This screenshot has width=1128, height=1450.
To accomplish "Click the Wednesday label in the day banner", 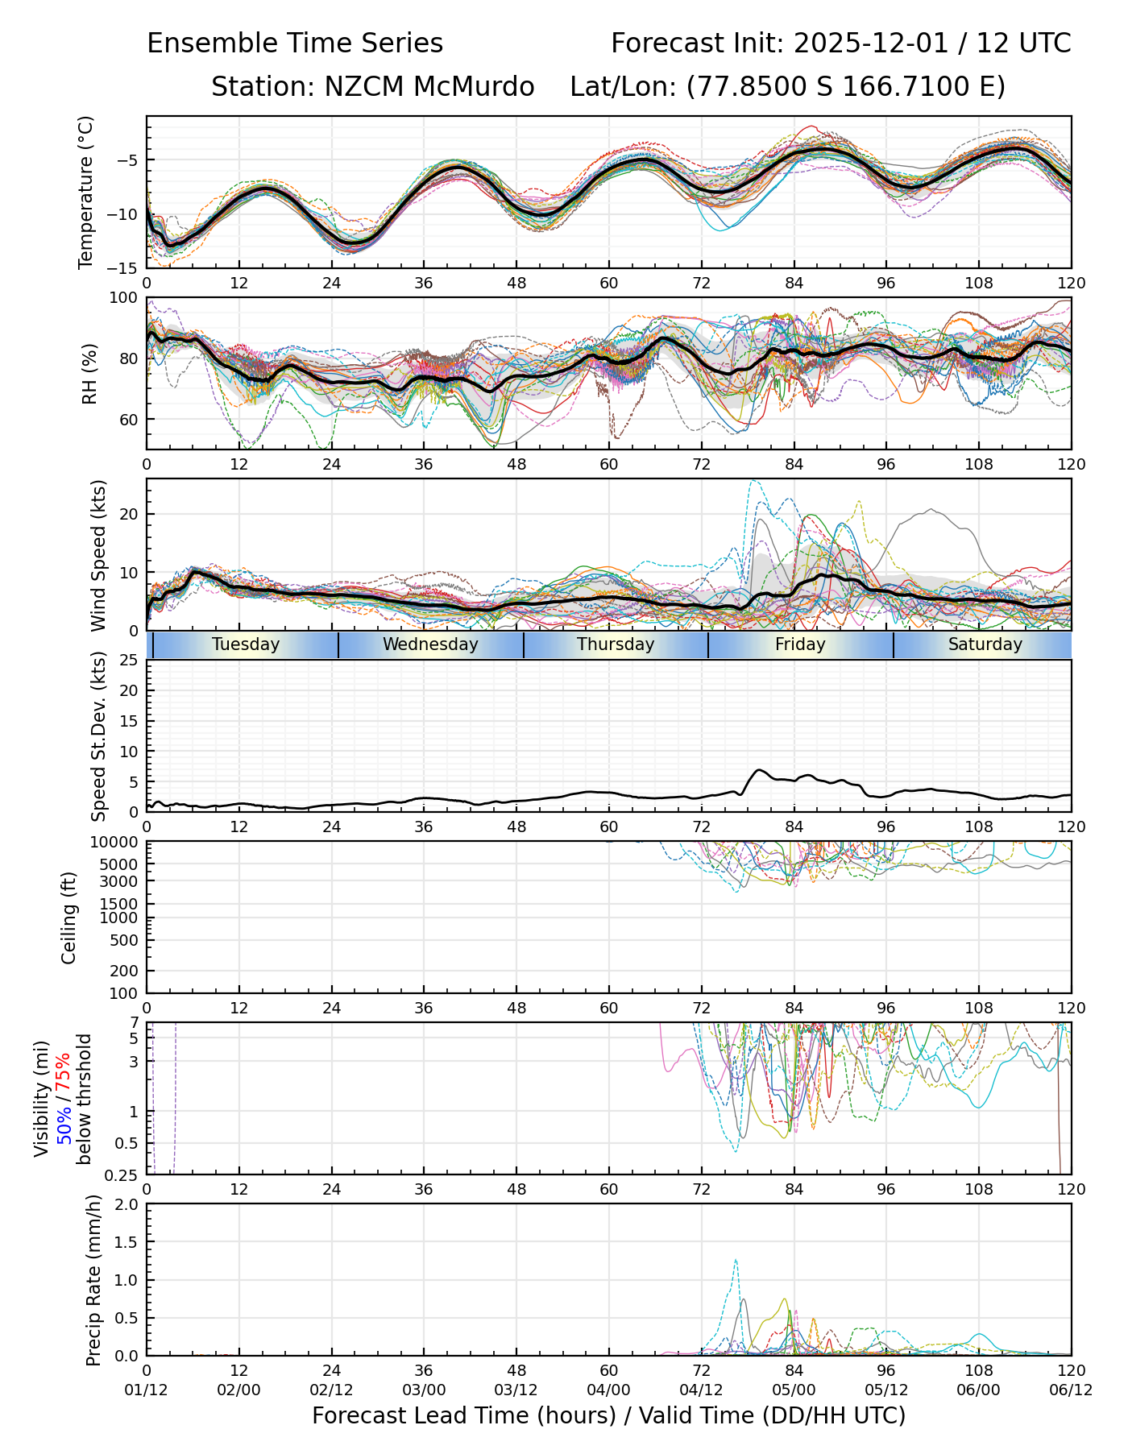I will (430, 644).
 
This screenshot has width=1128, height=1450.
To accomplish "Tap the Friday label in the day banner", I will (800, 644).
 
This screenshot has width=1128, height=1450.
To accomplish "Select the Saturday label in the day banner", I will (985, 644).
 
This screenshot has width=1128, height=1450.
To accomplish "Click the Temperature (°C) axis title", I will (86, 192).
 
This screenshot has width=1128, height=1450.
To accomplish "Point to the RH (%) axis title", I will (89, 373).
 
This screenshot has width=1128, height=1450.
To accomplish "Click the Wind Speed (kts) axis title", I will (98, 555).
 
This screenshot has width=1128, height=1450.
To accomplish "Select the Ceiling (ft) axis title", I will (69, 918).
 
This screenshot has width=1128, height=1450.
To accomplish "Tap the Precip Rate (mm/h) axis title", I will (93, 1280).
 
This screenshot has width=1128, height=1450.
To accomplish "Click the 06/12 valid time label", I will (1071, 1391).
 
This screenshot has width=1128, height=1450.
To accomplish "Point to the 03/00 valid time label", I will (424, 1391).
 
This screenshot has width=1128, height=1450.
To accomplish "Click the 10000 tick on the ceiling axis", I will (116, 843).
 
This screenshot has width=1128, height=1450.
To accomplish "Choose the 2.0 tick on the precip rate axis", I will (127, 1204).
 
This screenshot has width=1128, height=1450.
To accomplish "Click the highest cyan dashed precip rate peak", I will (736, 1260).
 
